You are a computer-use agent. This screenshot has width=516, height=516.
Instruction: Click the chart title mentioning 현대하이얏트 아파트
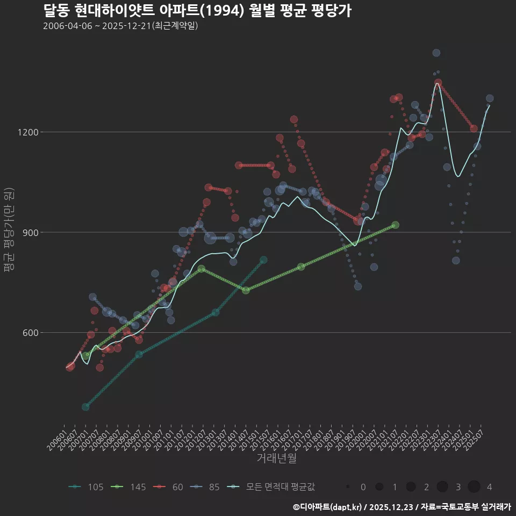coord(197,11)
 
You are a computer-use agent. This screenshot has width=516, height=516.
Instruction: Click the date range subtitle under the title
coord(121,26)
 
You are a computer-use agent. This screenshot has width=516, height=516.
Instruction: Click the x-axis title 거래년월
coord(276,458)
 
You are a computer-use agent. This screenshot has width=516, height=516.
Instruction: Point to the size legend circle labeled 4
coord(474,487)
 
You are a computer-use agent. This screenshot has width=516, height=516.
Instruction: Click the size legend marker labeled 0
coord(348,487)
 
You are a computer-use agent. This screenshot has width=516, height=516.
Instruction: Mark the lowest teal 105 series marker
coord(85,407)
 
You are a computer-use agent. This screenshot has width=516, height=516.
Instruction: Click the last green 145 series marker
coord(395,225)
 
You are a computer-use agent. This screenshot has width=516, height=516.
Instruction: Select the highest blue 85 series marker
coord(436,53)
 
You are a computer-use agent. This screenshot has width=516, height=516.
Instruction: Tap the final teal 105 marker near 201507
coord(263,260)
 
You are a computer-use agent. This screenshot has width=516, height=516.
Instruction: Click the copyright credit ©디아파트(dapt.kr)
coord(328,506)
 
